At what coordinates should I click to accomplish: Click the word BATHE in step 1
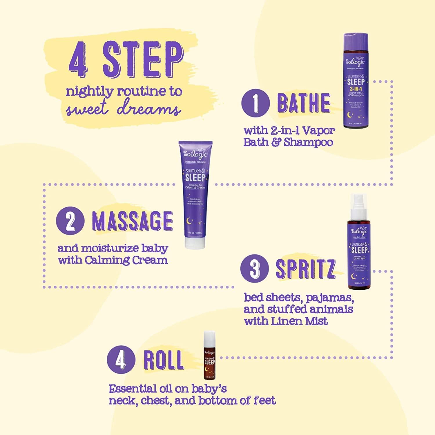pyautogui.click(x=303, y=103)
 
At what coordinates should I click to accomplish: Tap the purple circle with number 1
pyautogui.click(x=255, y=103)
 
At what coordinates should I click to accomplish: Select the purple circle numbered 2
pyautogui.click(x=70, y=221)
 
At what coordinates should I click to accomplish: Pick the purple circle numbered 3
pyautogui.click(x=254, y=268)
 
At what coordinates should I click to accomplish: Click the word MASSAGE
pyautogui.click(x=132, y=221)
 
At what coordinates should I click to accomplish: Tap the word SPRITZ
pyautogui.click(x=305, y=269)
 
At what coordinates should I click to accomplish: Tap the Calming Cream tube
pyautogui.click(x=195, y=194)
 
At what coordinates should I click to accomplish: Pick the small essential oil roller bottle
pyautogui.click(x=209, y=355)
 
